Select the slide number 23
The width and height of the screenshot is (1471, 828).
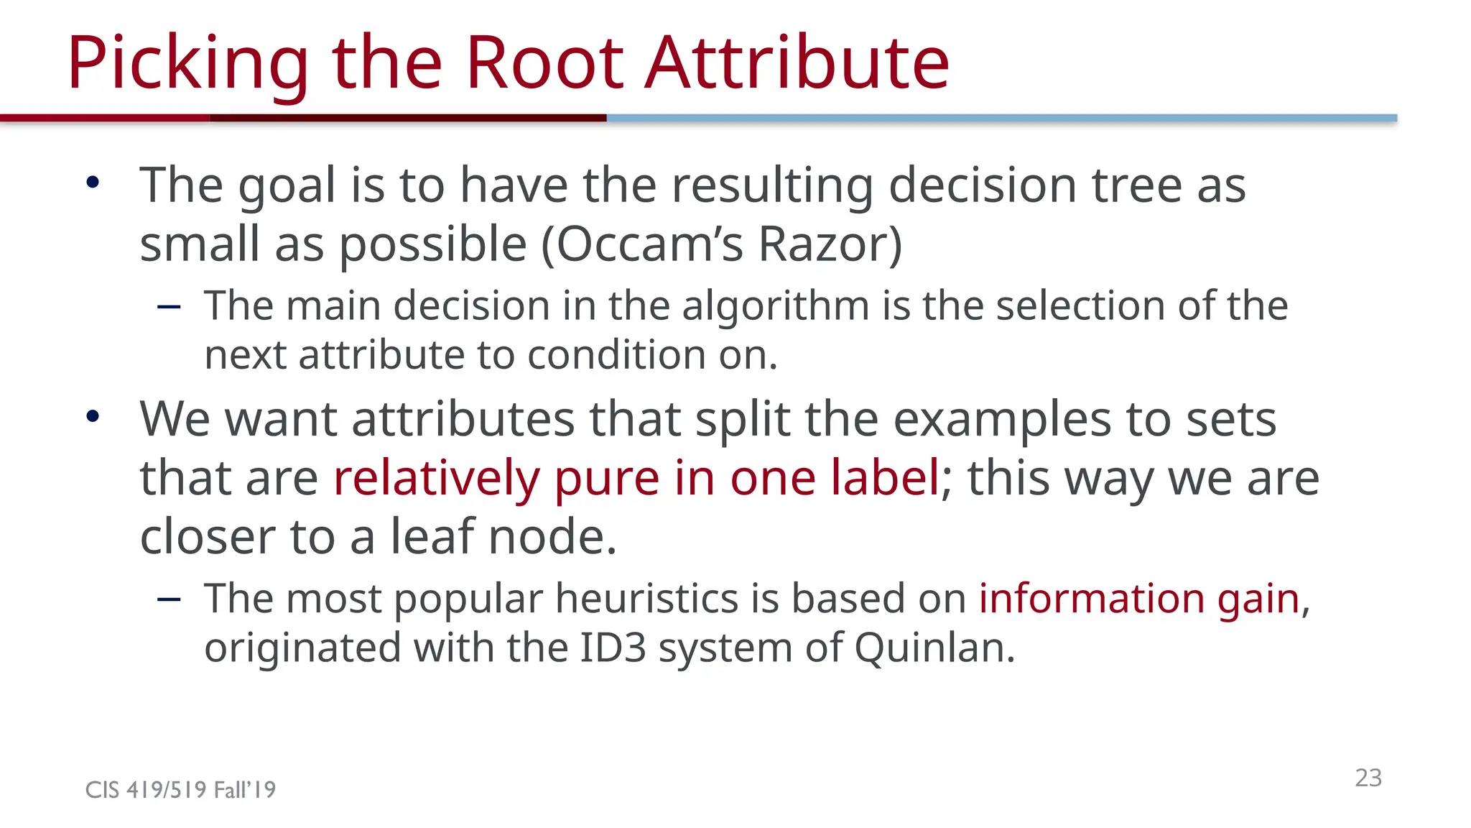pos(1368,778)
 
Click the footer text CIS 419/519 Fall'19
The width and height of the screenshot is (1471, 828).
pos(180,790)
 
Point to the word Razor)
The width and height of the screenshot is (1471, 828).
pos(830,244)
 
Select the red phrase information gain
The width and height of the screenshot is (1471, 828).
pos(1139,599)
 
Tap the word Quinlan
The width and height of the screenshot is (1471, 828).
pos(934,648)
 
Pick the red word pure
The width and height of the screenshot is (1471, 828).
pos(606,478)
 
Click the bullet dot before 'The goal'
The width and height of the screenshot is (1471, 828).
pos(93,183)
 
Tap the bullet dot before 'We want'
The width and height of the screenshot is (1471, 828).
pos(93,416)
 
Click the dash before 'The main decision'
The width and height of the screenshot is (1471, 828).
pos(169,308)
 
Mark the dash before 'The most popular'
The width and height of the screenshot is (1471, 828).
pos(169,599)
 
